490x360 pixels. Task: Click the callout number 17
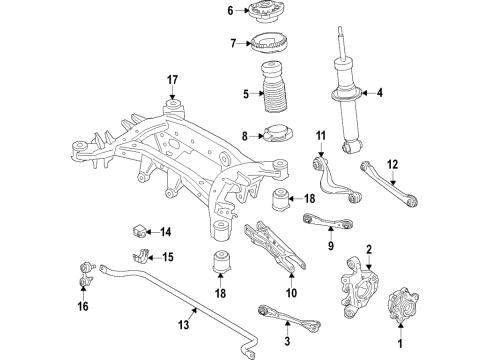click(171, 80)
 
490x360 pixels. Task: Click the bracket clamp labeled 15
click(142, 258)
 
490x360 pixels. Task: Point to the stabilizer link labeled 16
click(85, 272)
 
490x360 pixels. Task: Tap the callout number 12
click(391, 165)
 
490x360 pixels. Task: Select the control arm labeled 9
click(322, 222)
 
